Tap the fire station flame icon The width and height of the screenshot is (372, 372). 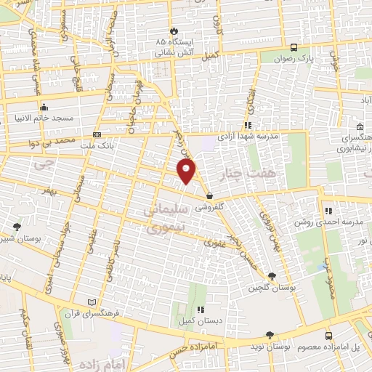pyautogui.click(x=174, y=31)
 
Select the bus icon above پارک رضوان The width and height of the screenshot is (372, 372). pyautogui.click(x=292, y=43)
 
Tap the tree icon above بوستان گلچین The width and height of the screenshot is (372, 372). pyautogui.click(x=271, y=276)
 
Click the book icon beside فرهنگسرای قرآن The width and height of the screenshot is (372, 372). pyautogui.click(x=91, y=302)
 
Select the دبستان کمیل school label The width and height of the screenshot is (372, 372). pyautogui.click(x=194, y=320)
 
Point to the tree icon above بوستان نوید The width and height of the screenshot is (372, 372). pyautogui.click(x=270, y=335)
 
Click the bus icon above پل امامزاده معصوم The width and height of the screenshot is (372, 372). pyautogui.click(x=328, y=336)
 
